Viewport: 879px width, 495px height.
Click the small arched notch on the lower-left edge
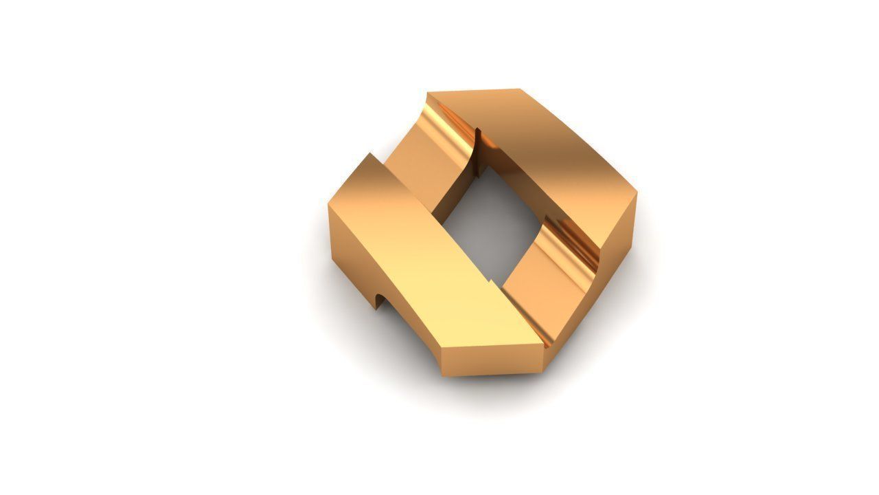point(379,300)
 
